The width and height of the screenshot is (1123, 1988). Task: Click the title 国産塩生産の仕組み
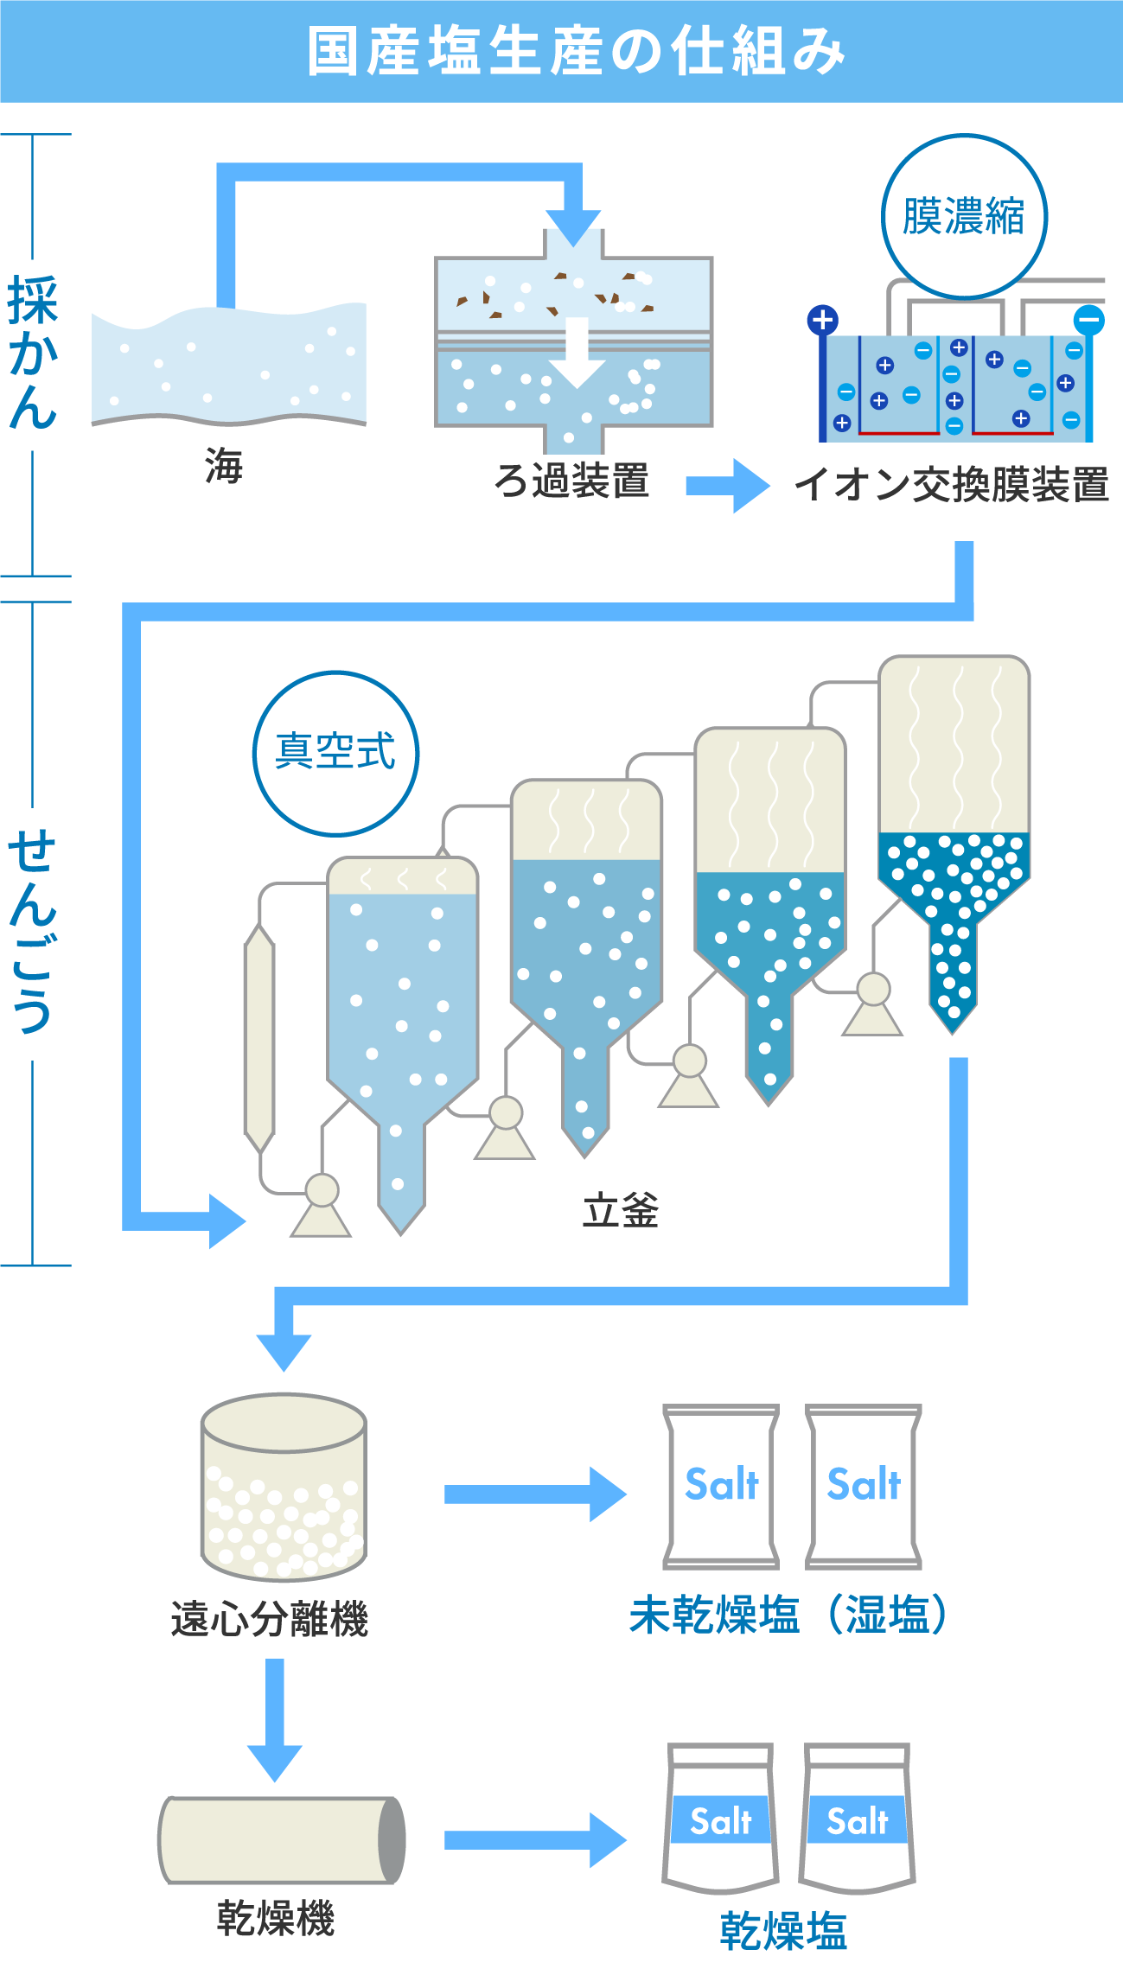click(575, 51)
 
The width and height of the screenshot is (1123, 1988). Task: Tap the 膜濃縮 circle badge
click(964, 216)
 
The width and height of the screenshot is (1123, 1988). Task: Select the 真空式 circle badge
click(335, 753)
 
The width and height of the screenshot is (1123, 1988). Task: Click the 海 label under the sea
click(225, 466)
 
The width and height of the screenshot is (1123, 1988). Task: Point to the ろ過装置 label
click(571, 481)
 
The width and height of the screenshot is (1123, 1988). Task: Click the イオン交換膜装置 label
click(951, 484)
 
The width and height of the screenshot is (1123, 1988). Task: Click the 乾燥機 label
click(275, 1918)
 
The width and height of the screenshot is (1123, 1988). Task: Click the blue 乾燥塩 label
click(783, 1931)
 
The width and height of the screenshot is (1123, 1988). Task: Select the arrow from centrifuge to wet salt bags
click(535, 1494)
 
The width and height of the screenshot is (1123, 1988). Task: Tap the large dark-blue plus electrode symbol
click(822, 321)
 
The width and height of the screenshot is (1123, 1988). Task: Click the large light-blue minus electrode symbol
click(1088, 321)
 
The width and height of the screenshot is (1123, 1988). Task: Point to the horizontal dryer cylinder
click(281, 1839)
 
